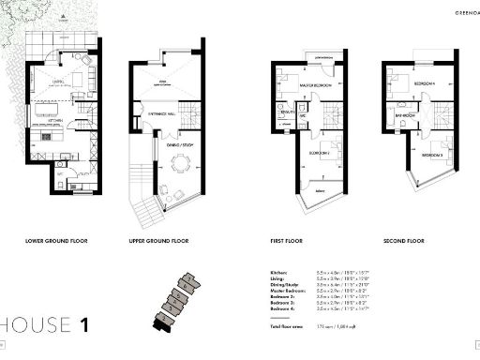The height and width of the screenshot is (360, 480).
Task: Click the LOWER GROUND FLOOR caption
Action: coord(59,241)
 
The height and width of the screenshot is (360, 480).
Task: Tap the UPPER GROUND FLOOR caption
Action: coord(159,241)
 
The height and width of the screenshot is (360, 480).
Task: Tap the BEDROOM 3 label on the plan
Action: coord(430,154)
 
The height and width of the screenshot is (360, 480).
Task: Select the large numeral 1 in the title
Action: coord(84,325)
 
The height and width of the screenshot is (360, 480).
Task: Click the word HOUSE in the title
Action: coord(37,325)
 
